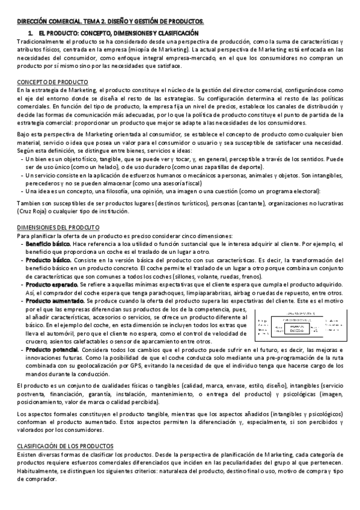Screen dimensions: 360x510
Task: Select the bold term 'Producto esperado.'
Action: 49,280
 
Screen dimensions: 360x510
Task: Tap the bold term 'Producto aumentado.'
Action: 51,300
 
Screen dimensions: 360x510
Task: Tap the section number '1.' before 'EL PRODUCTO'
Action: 31,31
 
